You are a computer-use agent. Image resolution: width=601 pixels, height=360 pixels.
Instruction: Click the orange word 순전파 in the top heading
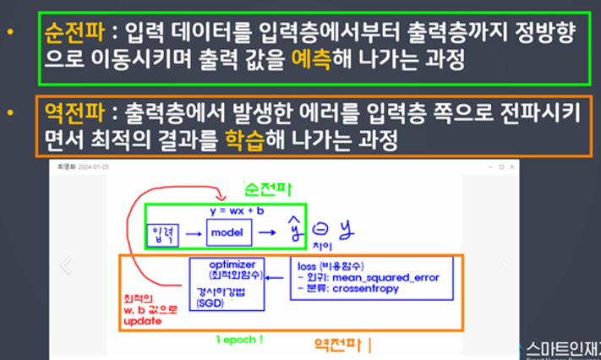(x=75, y=35)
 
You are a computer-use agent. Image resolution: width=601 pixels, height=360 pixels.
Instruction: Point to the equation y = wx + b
(x=238, y=208)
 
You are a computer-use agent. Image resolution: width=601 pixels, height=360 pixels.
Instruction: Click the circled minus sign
(x=320, y=226)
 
